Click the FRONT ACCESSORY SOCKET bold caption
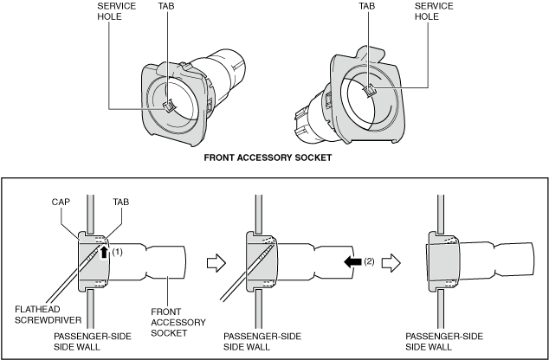pos(268,157)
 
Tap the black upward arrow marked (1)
pos(104,252)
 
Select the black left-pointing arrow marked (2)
pos(352,261)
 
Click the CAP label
pos(61,202)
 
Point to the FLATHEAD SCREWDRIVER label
pos(48,314)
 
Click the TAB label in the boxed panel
pos(120,202)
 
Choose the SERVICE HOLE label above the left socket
pos(117,11)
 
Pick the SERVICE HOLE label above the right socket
pos(434,11)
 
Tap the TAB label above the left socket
pos(166,6)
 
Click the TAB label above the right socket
pos(367,6)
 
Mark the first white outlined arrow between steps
pos(216,263)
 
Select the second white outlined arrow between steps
pos(391,263)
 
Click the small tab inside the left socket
pos(169,106)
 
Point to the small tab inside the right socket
pos(369,91)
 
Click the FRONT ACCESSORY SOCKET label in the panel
pos(178,322)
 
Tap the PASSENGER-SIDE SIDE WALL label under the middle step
pos(262,342)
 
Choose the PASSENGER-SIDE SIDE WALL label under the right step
pos(444,342)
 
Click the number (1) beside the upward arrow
pos(117,252)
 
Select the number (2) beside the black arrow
pos(369,261)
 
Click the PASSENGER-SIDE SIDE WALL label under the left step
pos(93,342)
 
